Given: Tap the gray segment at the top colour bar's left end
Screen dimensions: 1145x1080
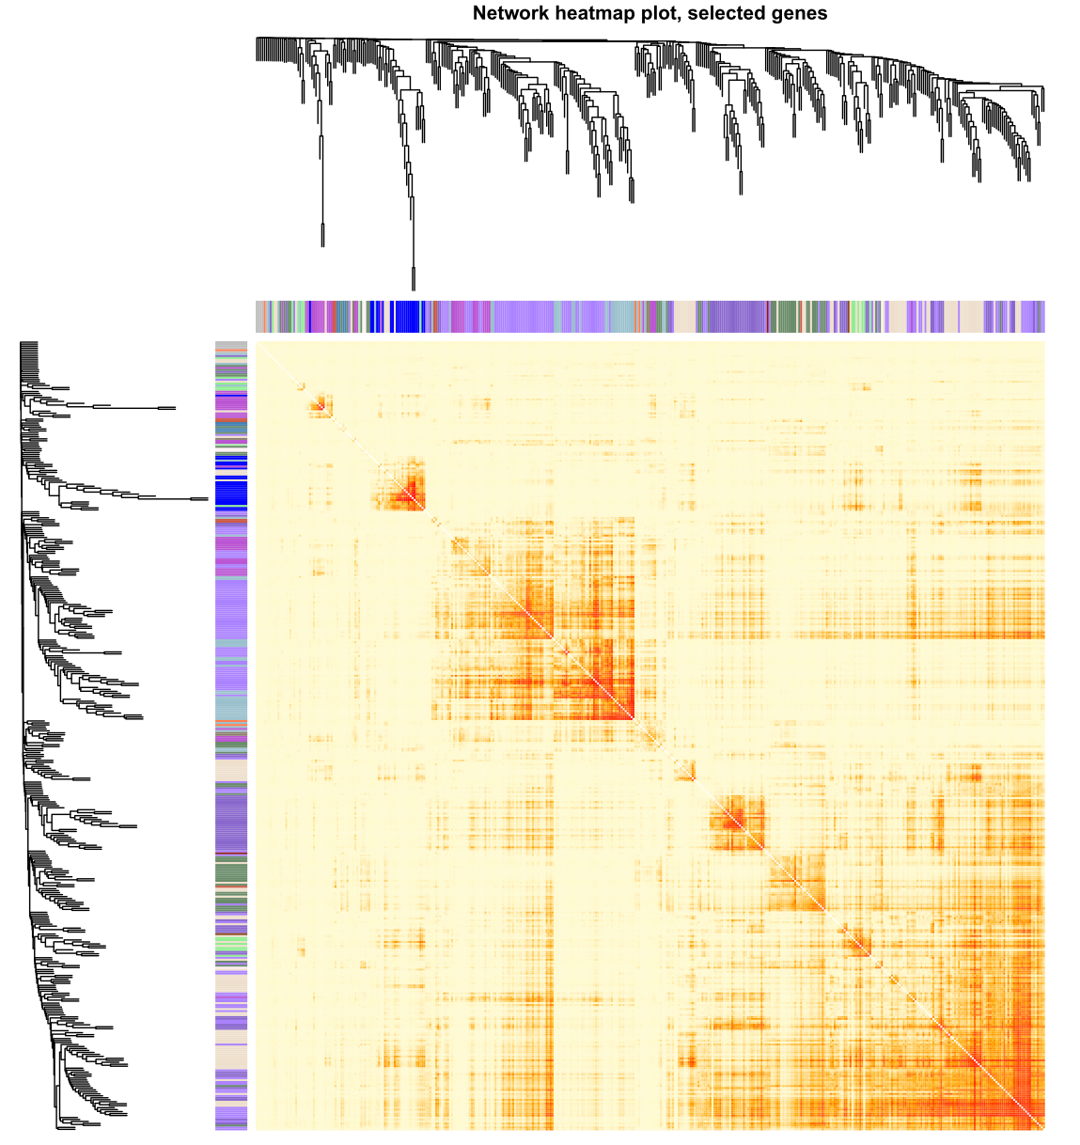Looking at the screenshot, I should coord(261,317).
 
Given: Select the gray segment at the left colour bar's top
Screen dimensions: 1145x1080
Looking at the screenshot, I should coord(231,346).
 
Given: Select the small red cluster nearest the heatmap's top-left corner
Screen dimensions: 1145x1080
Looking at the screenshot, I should coord(321,405).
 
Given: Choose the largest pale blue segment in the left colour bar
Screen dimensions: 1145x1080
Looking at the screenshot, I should coord(231,705).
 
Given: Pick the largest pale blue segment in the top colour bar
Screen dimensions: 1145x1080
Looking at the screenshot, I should coord(620,317).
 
